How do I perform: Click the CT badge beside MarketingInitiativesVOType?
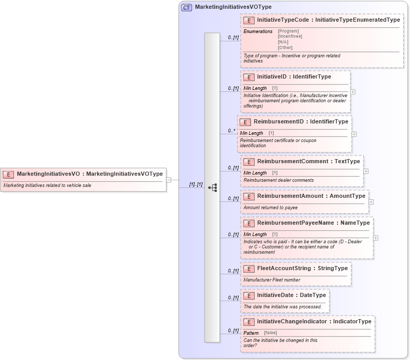point(186,7)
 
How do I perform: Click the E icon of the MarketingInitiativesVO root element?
point(9,174)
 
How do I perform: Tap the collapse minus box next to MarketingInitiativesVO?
point(169,180)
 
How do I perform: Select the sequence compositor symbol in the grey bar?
point(212,187)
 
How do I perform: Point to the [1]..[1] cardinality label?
point(196,184)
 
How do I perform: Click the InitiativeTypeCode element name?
point(283,20)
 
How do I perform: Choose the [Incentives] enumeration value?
point(290,36)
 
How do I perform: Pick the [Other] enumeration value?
point(285,48)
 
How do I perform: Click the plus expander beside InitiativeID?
point(353,92)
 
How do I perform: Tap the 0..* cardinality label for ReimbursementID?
point(232,131)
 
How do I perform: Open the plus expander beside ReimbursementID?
point(354,134)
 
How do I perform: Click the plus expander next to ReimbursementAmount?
point(371,202)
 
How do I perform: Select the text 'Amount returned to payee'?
point(270,208)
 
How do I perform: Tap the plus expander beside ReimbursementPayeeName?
point(375,238)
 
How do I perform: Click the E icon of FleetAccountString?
point(248,269)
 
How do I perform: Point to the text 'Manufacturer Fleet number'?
point(272,280)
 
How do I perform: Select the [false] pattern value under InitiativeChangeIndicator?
point(271,333)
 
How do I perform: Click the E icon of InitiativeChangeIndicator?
point(248,322)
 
